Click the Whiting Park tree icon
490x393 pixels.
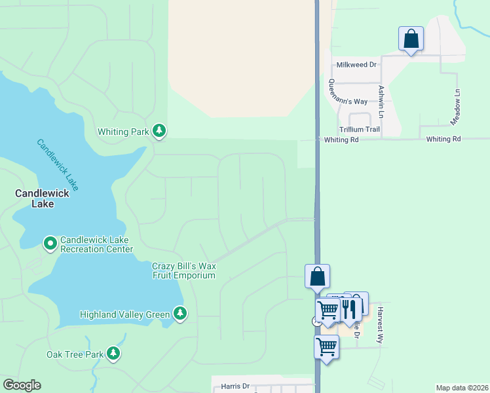(x=159, y=132)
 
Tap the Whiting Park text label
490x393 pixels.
(x=123, y=132)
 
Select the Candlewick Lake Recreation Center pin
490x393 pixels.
(x=50, y=244)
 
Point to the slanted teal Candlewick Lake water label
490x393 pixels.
(x=58, y=164)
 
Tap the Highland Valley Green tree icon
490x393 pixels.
(x=179, y=314)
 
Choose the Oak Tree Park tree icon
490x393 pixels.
(x=114, y=354)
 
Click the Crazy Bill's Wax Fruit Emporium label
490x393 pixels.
(x=184, y=271)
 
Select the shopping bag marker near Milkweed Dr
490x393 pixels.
(x=411, y=39)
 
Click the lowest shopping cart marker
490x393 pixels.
(x=326, y=347)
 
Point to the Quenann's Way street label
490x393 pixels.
(x=348, y=91)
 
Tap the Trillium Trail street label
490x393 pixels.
(x=359, y=129)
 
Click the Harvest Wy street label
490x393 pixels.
(x=379, y=325)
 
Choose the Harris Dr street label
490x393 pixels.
(x=235, y=386)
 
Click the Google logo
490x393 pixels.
(x=22, y=385)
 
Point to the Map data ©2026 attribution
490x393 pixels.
(x=461, y=388)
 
